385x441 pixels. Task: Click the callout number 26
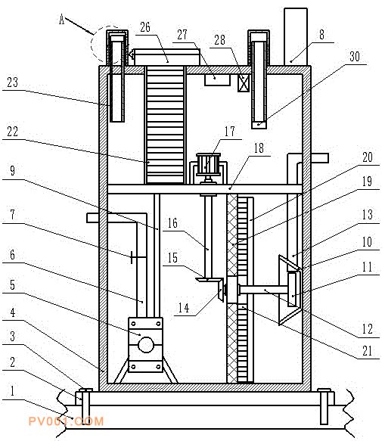coord(145,27)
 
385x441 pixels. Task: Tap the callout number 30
coord(354,57)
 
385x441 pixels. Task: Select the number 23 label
coord(12,82)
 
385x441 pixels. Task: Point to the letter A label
coord(62,20)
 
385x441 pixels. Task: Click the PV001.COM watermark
coord(66,421)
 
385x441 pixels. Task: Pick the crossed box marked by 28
coord(243,83)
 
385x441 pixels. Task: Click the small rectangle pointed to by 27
coord(217,80)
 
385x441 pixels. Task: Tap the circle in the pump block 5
coord(146,345)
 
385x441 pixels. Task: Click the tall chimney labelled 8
coord(295,36)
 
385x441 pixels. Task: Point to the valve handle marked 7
coord(132,257)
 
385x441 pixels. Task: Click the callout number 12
coord(368,328)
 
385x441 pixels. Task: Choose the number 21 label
coord(368,351)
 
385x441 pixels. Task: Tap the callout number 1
coord(12,391)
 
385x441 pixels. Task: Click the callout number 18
coord(259,148)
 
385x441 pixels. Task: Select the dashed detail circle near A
coord(108,45)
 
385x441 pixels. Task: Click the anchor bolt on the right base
coord(324,406)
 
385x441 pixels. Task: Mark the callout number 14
coord(184,308)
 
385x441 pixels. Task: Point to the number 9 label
coord(12,171)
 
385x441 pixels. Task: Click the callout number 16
coord(172,223)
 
